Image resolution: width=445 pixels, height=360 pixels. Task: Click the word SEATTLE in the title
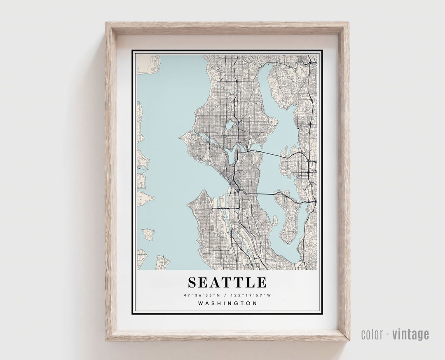point(227,282)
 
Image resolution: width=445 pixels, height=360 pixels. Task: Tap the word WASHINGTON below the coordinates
point(227,304)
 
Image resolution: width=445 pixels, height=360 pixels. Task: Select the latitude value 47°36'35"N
point(201,295)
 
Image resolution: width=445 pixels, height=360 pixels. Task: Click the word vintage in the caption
point(410,334)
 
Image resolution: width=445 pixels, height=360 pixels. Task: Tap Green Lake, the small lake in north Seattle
point(229,125)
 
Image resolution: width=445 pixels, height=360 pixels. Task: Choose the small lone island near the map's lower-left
point(148,234)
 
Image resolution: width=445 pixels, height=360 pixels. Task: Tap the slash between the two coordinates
point(227,295)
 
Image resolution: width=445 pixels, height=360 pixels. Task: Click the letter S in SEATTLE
point(193,282)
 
